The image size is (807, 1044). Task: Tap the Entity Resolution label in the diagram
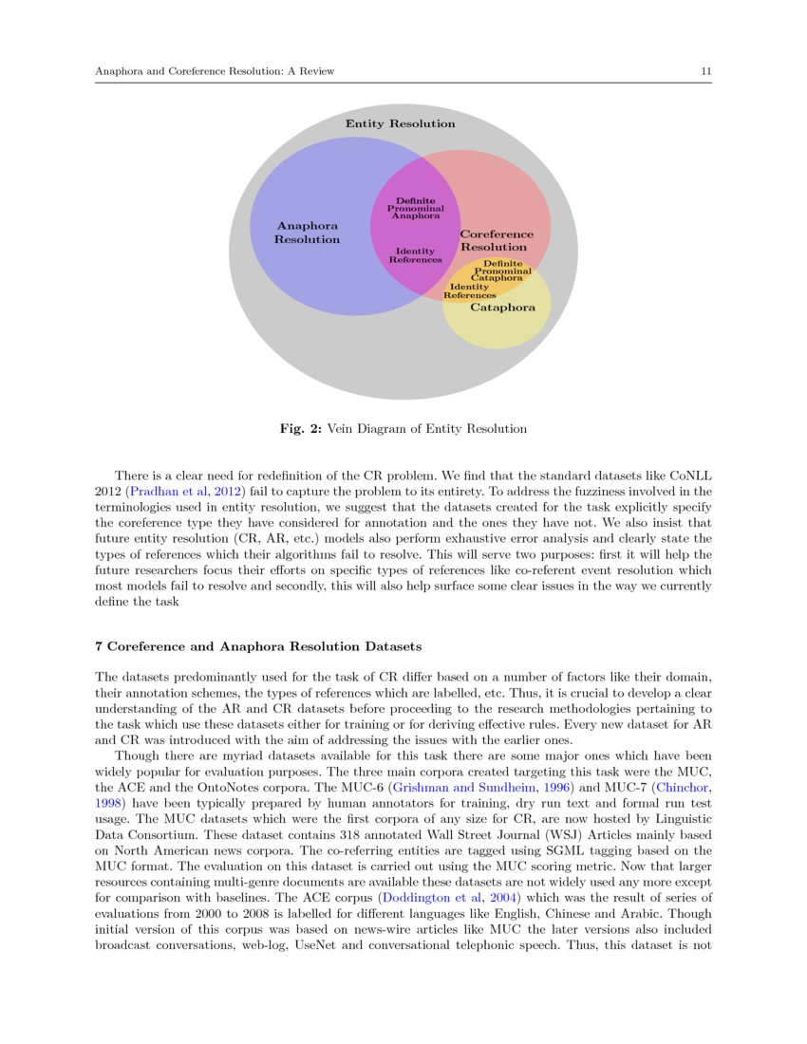pyautogui.click(x=400, y=123)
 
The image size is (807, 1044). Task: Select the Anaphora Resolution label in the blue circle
pyautogui.click(x=307, y=233)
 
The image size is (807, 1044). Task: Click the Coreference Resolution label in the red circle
pyautogui.click(x=495, y=240)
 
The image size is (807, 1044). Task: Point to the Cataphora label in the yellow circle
pyautogui.click(x=503, y=307)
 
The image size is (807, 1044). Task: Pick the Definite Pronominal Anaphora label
pyautogui.click(x=416, y=208)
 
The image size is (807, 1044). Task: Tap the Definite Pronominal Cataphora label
pyautogui.click(x=502, y=270)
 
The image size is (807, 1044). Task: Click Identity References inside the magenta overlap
pyautogui.click(x=415, y=255)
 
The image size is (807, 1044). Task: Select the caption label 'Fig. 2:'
pyautogui.click(x=301, y=429)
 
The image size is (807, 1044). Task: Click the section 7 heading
pyautogui.click(x=259, y=646)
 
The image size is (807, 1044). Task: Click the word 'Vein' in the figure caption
pyautogui.click(x=344, y=429)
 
